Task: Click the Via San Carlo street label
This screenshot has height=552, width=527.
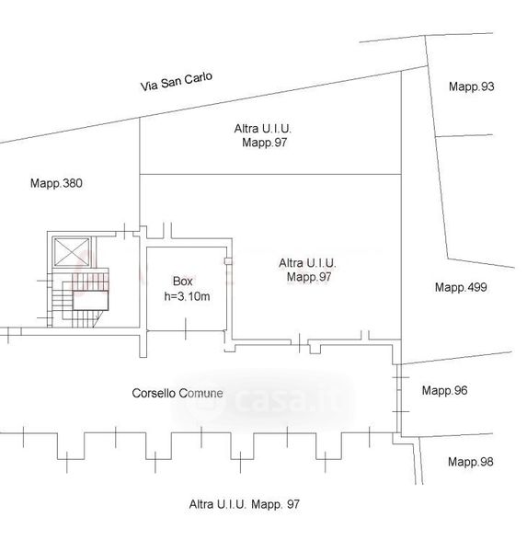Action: click(x=177, y=81)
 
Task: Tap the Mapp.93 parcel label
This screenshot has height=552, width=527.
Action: click(x=472, y=86)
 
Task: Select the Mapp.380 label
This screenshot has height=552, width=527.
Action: click(x=56, y=183)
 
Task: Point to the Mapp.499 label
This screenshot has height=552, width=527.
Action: click(x=461, y=287)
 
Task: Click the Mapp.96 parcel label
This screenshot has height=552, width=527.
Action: click(x=444, y=390)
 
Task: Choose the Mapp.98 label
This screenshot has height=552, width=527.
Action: click(x=470, y=462)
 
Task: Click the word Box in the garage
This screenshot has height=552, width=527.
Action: click(x=183, y=281)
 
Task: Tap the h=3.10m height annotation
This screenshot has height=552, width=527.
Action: click(x=187, y=296)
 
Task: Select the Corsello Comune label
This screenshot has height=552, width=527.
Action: click(x=178, y=393)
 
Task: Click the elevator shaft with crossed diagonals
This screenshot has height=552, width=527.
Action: click(x=72, y=252)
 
